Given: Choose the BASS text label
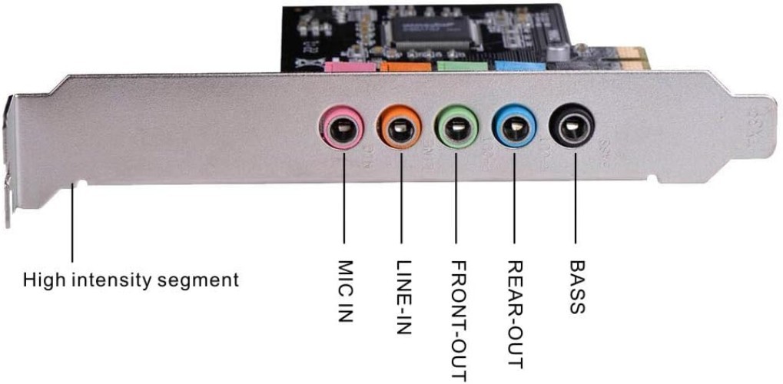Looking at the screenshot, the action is click(x=576, y=287).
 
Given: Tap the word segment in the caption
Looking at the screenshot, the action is click(x=199, y=280).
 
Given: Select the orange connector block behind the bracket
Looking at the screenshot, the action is click(x=404, y=67).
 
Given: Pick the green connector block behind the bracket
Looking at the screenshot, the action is click(x=463, y=67).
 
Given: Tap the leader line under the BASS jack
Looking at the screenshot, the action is click(x=571, y=204).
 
